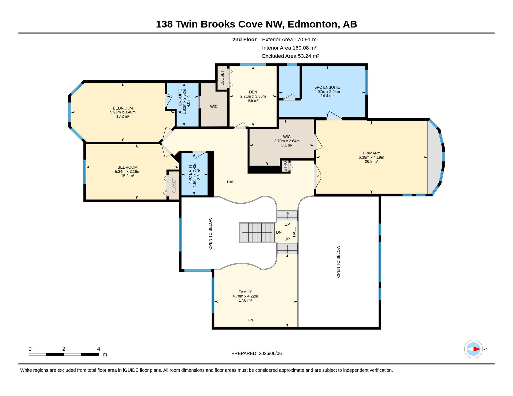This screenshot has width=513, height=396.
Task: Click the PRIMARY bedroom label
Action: (371, 153)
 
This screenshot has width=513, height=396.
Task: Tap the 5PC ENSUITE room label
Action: (327, 87)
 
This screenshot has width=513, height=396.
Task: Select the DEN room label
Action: (253, 92)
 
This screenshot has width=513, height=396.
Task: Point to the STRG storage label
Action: (285, 166)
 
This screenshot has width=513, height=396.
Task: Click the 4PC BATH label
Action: (190, 175)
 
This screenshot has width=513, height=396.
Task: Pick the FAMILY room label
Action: (245, 292)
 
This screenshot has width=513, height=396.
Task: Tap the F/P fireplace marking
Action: (251, 320)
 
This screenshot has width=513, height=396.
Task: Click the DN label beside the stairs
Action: (279, 232)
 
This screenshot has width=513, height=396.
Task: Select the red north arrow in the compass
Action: (477, 349)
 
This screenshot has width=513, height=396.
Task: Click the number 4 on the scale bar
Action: (99, 349)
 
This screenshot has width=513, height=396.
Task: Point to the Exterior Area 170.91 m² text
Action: (290, 39)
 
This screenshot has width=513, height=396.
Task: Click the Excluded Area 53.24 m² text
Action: (290, 56)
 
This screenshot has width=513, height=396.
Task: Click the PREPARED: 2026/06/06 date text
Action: (256, 353)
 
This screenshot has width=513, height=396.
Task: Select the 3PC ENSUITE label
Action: (180, 102)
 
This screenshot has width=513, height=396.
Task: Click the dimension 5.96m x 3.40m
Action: (123, 112)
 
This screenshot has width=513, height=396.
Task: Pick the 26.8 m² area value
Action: (371, 161)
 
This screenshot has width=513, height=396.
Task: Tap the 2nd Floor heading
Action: (244, 39)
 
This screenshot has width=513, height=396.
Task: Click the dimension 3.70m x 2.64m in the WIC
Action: (287, 141)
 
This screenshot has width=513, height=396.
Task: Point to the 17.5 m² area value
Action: (245, 300)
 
